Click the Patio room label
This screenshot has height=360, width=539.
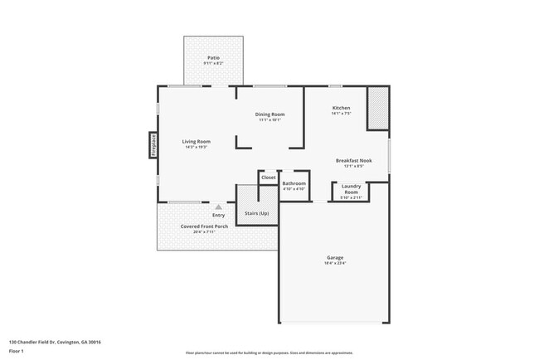[x=213, y=57]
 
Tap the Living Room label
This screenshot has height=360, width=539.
[x=197, y=141]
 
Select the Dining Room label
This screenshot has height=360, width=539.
[x=269, y=114]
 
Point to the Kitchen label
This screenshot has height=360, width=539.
[x=341, y=108]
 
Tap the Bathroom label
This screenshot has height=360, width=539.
[x=294, y=183]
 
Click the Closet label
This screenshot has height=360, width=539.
[x=269, y=178]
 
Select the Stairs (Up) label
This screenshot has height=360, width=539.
[x=256, y=214]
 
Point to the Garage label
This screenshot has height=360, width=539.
[x=334, y=257]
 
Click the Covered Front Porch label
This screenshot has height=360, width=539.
[x=204, y=226]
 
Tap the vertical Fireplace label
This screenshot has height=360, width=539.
[x=153, y=145]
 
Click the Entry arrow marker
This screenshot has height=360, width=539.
[x=218, y=207]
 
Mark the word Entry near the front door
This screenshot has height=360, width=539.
[x=218, y=216]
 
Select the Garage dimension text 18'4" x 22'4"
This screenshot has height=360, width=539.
[x=334, y=264]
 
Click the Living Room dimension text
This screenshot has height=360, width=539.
[x=197, y=147]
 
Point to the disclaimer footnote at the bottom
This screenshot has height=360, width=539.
[x=269, y=352]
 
